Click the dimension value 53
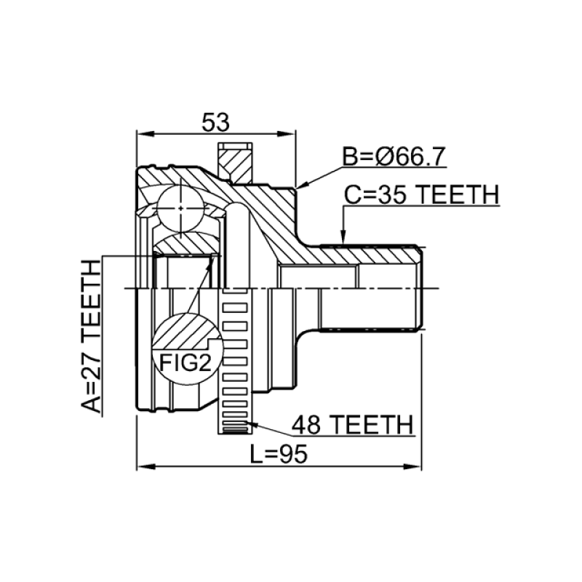point(215,122)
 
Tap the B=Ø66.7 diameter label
point(394,156)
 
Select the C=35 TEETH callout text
point(421,195)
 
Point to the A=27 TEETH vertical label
point(91,336)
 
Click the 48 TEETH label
point(352,425)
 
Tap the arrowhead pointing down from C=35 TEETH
point(343,237)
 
